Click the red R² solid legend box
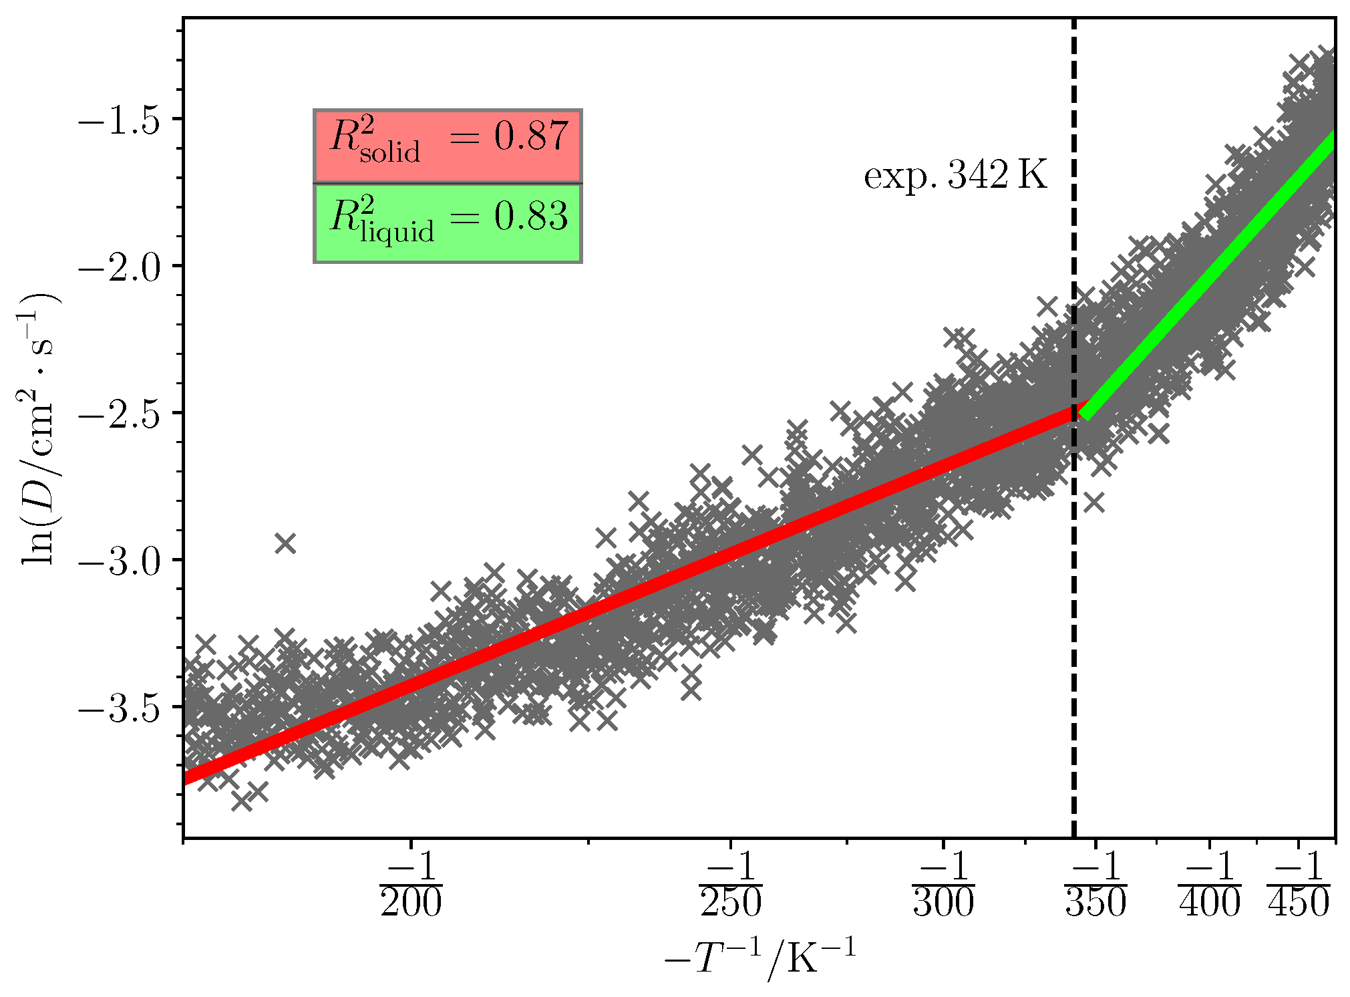click(x=448, y=145)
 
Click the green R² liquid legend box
click(x=448, y=223)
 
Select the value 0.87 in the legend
click(x=531, y=136)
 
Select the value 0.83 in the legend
click(x=531, y=217)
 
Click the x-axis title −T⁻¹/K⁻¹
click(x=760, y=959)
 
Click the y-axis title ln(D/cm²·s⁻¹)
click(x=40, y=428)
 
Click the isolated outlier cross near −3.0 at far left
click(x=285, y=543)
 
